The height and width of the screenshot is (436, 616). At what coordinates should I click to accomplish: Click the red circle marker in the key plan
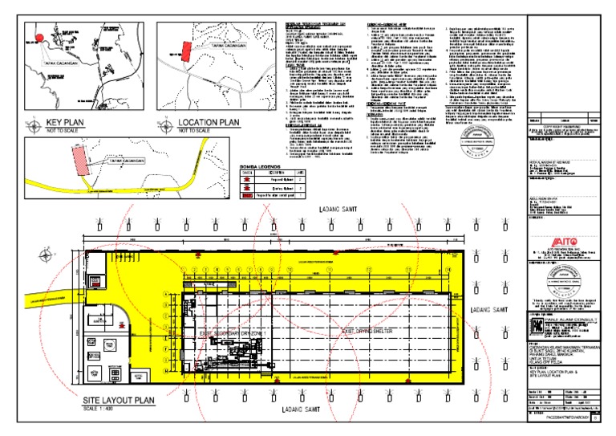pos(37,35)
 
